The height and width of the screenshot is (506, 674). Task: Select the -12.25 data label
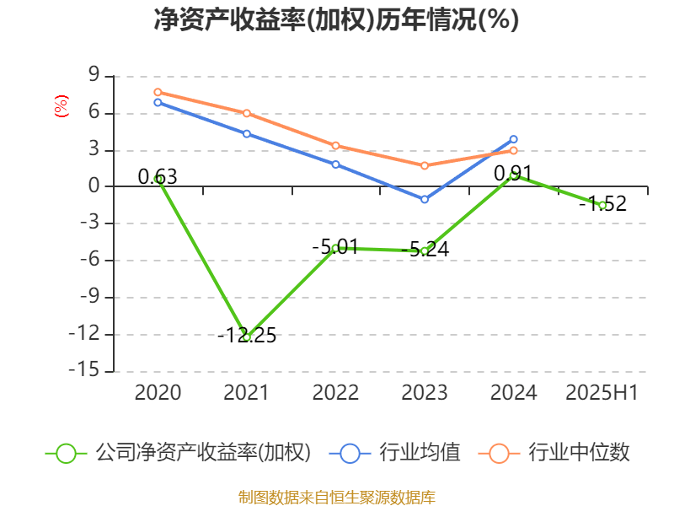(x=247, y=336)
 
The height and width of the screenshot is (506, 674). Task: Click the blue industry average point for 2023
(x=425, y=199)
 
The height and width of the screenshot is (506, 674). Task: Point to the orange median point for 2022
(x=335, y=146)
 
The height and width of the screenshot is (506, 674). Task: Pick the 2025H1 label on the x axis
(x=602, y=393)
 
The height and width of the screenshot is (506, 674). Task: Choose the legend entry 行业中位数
(x=578, y=453)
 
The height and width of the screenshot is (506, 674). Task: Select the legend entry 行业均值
(x=431, y=453)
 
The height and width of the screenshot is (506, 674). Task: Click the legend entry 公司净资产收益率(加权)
(x=203, y=453)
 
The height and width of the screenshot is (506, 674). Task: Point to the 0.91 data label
(x=512, y=174)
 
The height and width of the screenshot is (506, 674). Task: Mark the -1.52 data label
(x=607, y=203)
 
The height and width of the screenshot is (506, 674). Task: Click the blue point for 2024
(x=513, y=139)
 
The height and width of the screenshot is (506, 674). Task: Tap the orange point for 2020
(x=158, y=92)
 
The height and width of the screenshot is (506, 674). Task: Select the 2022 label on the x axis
(x=335, y=393)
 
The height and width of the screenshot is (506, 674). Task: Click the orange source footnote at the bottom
(x=336, y=497)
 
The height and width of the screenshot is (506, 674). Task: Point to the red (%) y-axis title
(x=61, y=107)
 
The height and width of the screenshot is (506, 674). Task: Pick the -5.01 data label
(x=334, y=247)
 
